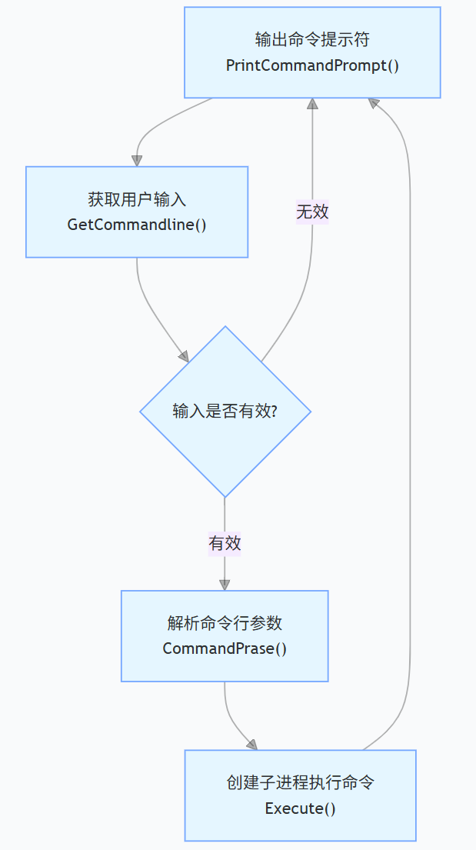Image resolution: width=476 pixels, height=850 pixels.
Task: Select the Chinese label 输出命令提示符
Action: tap(312, 39)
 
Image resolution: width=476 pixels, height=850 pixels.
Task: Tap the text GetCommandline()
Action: tap(137, 225)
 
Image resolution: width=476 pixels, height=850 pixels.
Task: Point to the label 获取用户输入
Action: tap(137, 200)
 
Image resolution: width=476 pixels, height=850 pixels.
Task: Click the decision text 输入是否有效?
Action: tap(225, 412)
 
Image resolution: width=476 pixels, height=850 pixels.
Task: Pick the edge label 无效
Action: tap(312, 212)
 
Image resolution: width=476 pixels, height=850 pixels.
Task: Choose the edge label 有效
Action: tap(225, 543)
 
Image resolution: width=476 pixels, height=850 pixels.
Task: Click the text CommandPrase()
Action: tap(225, 648)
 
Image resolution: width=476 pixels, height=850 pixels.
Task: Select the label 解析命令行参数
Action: tap(225, 623)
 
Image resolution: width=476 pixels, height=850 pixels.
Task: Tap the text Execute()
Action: tap(300, 808)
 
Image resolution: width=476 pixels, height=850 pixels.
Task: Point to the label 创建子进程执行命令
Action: tap(300, 783)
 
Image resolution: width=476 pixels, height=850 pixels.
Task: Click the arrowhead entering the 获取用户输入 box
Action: tap(137, 160)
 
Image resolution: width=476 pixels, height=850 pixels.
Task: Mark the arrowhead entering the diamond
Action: tap(183, 356)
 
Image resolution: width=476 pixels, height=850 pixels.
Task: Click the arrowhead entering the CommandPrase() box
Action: tap(225, 585)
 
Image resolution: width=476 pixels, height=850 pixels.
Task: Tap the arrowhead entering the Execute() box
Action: tap(251, 744)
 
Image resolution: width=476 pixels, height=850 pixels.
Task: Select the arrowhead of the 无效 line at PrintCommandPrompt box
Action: tap(312, 104)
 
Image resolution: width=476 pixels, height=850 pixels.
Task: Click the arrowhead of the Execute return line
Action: tap(374, 103)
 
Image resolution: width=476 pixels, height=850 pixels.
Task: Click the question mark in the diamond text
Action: tap(274, 412)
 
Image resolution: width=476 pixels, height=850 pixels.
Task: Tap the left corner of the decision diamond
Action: tap(141, 412)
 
